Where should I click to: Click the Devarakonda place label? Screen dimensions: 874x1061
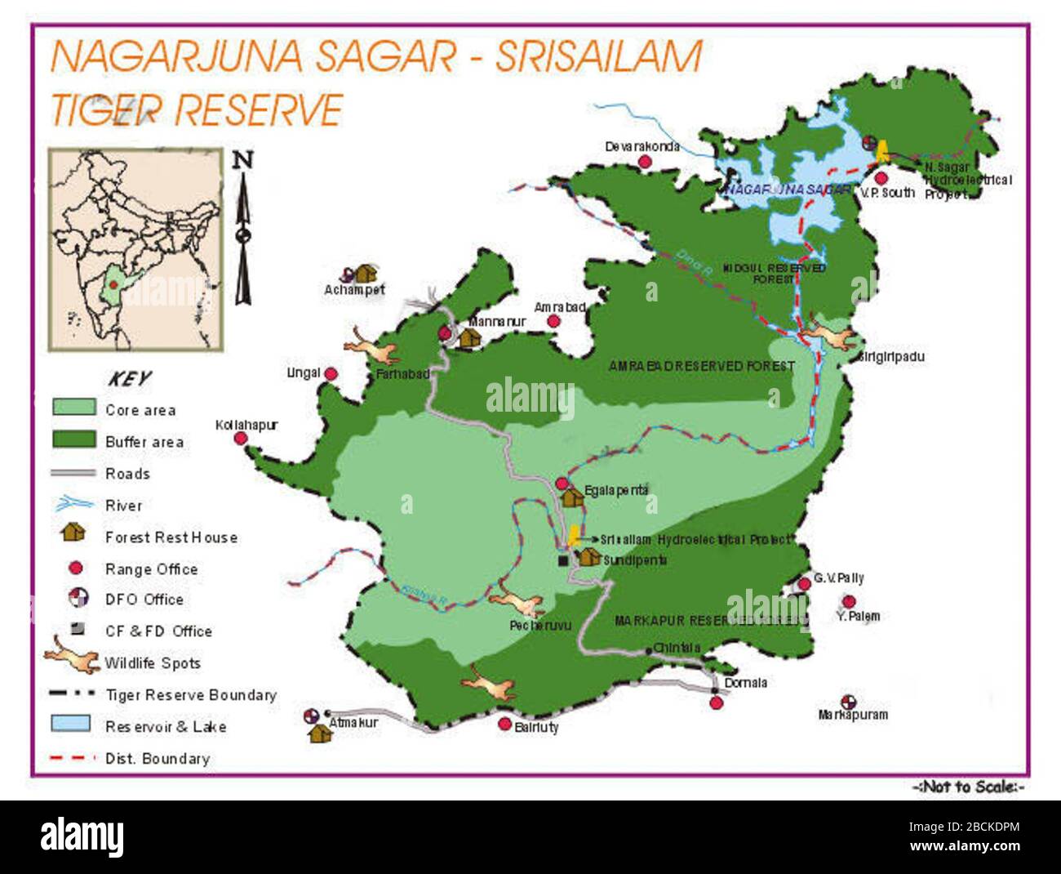click(x=641, y=146)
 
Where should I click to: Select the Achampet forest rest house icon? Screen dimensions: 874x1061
click(x=365, y=273)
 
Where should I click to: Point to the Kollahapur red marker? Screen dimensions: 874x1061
click(x=241, y=439)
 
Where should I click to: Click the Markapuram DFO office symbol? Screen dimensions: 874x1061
click(x=848, y=702)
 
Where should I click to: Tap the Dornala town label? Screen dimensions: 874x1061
click(x=745, y=682)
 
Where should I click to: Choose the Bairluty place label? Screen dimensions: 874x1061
click(x=536, y=726)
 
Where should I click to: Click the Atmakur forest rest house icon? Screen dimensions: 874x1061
click(x=319, y=733)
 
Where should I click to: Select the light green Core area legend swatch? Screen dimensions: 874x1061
click(x=73, y=407)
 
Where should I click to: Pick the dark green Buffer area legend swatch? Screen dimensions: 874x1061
click(x=73, y=439)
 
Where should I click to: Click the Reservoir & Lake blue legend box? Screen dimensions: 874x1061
click(x=71, y=724)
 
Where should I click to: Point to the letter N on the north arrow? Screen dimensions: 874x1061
click(x=242, y=159)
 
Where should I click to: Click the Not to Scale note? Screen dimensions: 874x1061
click(x=968, y=787)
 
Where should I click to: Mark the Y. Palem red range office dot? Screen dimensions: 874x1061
click(x=849, y=602)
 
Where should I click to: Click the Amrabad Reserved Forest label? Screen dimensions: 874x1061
click(x=701, y=366)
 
